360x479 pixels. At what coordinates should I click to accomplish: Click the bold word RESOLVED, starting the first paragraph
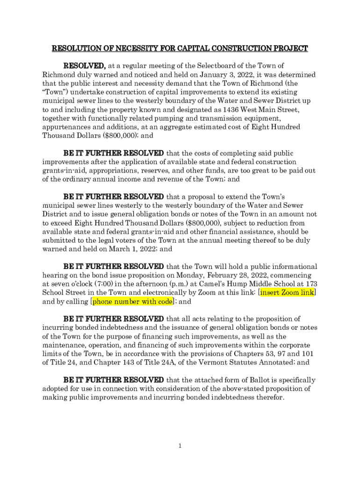[x=85, y=65]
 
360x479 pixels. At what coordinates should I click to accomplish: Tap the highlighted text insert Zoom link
[x=288, y=293]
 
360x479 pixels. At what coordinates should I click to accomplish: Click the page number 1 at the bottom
[x=180, y=446]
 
